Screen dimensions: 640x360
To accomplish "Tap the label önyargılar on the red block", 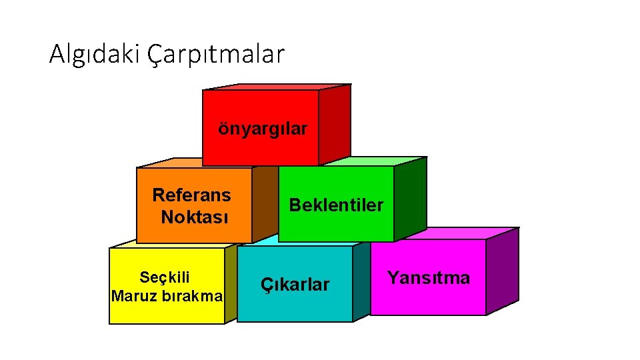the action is tap(263, 128).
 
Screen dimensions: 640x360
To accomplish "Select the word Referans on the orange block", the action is tap(191, 195).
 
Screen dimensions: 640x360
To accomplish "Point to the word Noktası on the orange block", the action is tap(195, 217).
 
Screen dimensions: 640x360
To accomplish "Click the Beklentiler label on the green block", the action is tap(336, 205).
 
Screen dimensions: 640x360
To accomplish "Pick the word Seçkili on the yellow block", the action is tap(165, 277).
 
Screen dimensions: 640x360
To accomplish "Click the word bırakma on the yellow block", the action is tap(192, 295).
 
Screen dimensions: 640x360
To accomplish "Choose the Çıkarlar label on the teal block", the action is tap(295, 285).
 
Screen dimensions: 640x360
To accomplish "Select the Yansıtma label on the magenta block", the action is tap(429, 277).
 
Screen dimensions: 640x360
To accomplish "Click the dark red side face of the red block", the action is tap(335, 123).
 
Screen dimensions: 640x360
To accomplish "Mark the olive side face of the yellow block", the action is tap(231, 283).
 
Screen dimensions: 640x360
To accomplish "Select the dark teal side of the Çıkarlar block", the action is tap(361, 280).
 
